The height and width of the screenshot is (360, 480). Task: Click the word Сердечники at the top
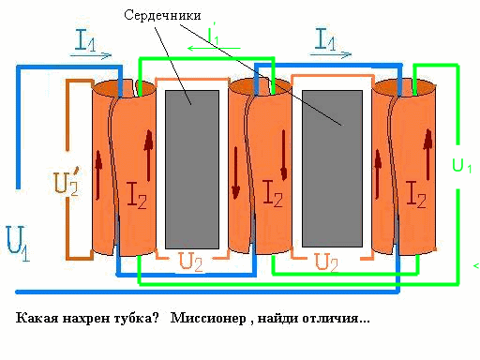point(162,15)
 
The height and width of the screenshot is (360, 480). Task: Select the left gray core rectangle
point(192,170)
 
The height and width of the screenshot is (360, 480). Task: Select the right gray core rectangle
point(332,169)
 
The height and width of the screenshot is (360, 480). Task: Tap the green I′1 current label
point(214,34)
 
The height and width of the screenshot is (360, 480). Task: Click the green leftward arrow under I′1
point(214,48)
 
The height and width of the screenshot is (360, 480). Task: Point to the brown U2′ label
point(67,181)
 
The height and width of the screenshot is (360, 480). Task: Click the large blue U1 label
point(18,244)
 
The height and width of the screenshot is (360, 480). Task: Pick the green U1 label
point(462,165)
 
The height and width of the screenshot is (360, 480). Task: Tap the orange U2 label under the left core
point(190,262)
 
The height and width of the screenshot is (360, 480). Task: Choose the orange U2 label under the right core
point(326,262)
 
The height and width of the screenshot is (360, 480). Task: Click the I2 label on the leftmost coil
point(137,195)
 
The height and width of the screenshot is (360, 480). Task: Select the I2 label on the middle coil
point(273,193)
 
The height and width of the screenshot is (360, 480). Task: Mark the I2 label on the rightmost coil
point(416,194)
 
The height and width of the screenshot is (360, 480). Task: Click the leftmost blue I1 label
point(85,39)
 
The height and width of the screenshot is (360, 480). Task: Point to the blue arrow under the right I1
point(331,54)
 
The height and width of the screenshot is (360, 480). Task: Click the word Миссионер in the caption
point(208,318)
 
